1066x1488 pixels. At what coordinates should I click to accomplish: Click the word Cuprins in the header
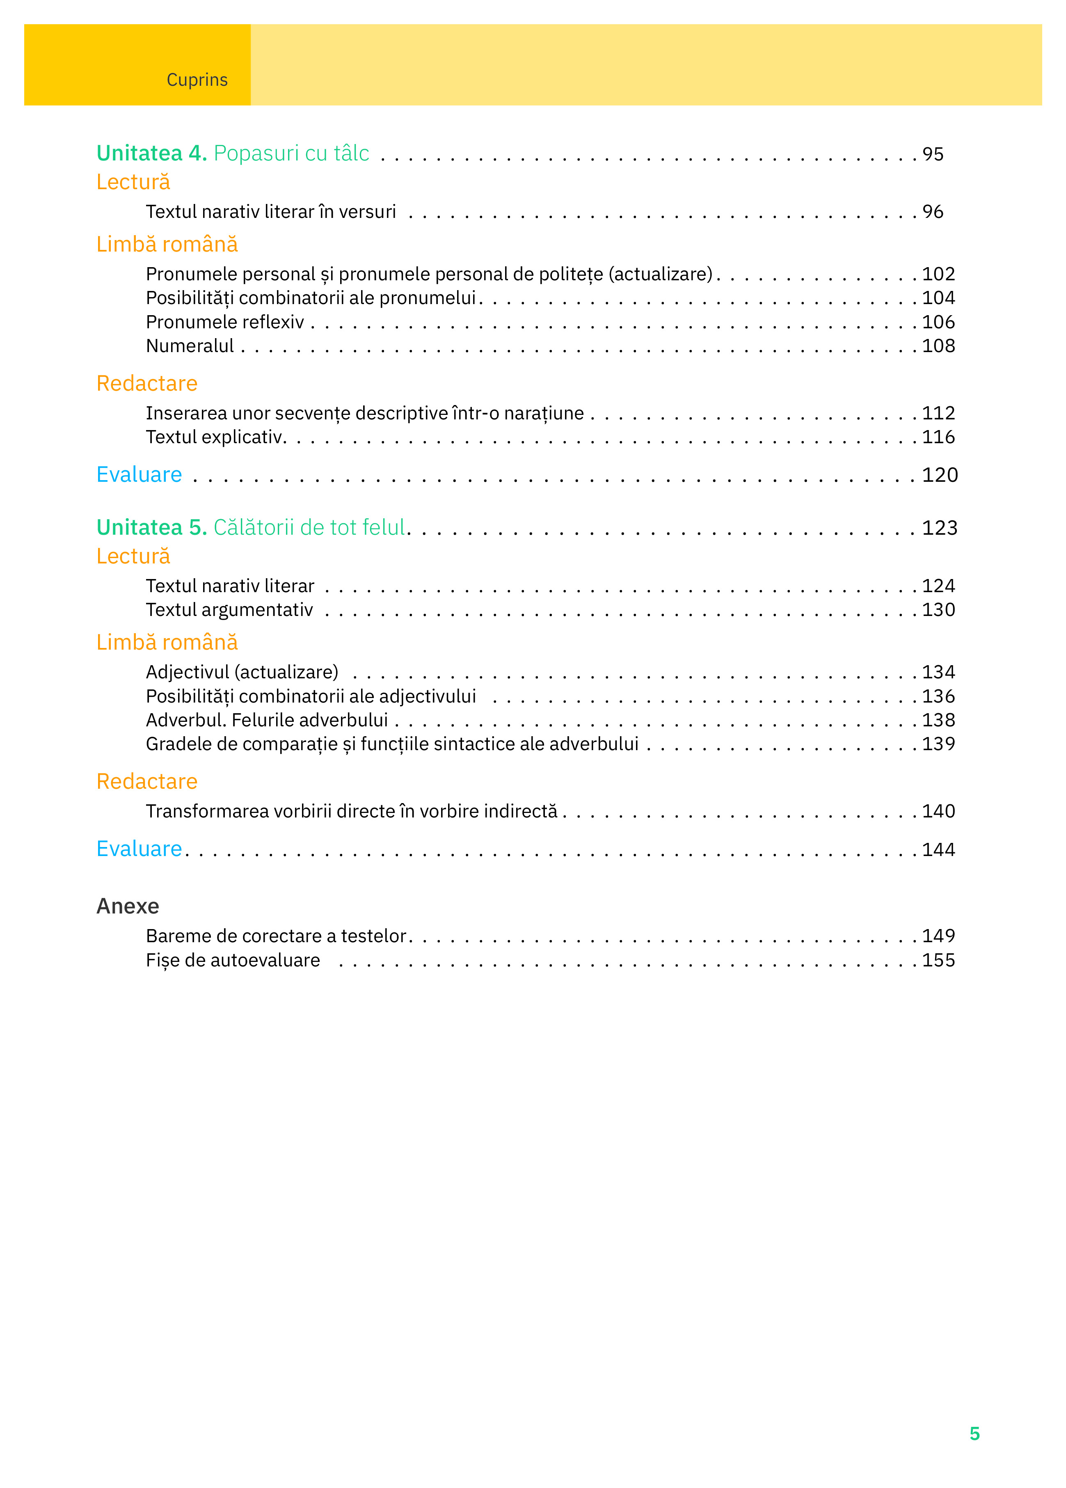pos(197,80)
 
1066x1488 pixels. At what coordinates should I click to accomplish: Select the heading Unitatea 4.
pos(151,153)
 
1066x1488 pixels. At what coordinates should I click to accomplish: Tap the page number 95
pos(932,154)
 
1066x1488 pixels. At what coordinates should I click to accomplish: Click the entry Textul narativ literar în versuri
pos(270,212)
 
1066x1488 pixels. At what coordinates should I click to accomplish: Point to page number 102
pos(938,274)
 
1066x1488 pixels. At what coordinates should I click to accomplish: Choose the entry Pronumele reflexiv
pos(224,322)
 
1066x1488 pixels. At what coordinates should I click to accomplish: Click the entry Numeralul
pos(190,346)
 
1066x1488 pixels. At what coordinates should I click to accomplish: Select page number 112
pos(938,413)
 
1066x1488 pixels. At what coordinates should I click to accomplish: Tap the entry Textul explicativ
pos(215,437)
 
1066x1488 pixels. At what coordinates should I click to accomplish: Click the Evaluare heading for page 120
pos(139,474)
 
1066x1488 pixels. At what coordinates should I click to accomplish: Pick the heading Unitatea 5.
pos(151,527)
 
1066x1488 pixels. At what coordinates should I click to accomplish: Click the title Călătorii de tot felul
pos(309,527)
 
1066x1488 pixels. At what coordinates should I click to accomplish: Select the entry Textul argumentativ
pos(229,610)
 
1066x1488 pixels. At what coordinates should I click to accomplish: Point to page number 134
pos(938,673)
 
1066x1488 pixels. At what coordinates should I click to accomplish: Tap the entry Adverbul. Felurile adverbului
pos(266,720)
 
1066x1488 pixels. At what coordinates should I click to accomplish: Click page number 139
pos(938,744)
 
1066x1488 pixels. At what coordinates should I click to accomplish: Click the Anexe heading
pos(128,906)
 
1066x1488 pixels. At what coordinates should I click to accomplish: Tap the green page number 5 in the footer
pos(974,1433)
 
